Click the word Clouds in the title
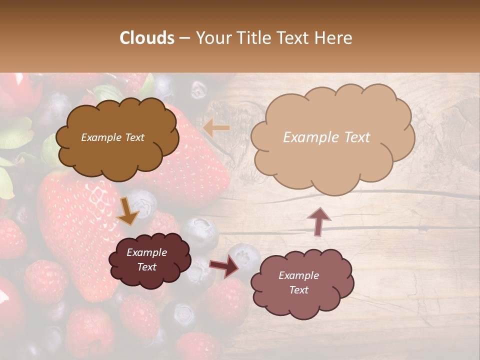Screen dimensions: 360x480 point(146,38)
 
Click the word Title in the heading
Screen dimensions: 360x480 point(251,38)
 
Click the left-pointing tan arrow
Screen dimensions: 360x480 point(216,128)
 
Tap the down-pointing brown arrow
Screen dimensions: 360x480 point(127,211)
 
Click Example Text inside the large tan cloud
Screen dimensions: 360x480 point(326,137)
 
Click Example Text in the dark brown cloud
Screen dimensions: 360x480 point(112,137)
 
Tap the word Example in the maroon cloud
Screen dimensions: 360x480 point(146,252)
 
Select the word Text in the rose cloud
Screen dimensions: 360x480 point(298,290)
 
